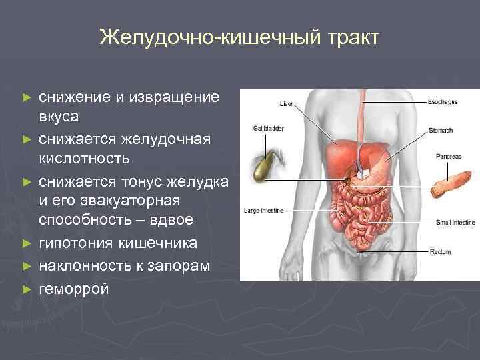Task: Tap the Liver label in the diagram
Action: [x=286, y=104]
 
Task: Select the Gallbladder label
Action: [x=265, y=127]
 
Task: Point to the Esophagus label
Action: [x=443, y=103]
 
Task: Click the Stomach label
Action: [x=441, y=130]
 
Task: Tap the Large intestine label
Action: [x=264, y=210]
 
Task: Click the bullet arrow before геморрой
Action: [x=27, y=290]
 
